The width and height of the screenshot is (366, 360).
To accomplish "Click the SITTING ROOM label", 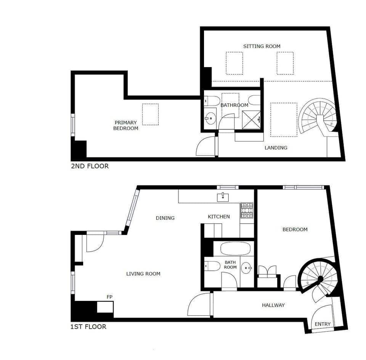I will pos(262,46).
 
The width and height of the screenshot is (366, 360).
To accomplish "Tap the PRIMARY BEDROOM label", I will pos(125,125).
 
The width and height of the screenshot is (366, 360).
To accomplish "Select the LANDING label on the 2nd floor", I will pos(276,148).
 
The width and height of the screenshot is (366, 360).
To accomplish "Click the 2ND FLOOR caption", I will pos(90,166).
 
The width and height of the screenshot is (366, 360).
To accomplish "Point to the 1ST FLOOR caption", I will pos(88,326).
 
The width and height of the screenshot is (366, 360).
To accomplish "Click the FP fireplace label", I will pos(110,297).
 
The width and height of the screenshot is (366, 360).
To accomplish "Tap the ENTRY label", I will pos(323,324).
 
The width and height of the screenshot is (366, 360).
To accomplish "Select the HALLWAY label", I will pos(273,305).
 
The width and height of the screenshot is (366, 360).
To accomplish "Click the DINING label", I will pos(165,218).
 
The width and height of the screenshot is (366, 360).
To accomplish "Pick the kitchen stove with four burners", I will pos(247,210).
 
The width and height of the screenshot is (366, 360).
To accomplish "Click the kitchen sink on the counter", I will pos(223,197).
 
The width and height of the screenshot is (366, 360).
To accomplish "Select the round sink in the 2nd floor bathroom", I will pos(210,118).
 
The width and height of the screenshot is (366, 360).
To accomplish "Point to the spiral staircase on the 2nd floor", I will pos(318,116).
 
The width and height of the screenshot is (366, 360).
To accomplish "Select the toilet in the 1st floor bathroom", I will pos(212,265).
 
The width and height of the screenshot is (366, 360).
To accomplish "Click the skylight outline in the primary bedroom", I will pos(150,114).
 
